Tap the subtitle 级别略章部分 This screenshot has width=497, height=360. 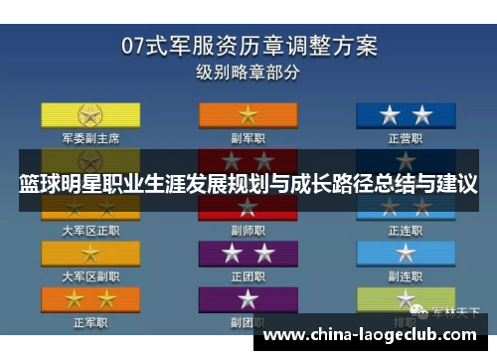click(248, 73)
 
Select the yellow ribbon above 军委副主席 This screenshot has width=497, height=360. click(90, 113)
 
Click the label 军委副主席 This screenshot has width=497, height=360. click(90, 138)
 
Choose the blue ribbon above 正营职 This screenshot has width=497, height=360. click(406, 113)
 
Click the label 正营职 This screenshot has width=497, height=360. click(406, 138)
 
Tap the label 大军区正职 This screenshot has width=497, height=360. click(90, 230)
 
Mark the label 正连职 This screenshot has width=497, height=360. click(406, 230)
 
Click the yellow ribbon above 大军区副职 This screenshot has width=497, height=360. click(90, 253)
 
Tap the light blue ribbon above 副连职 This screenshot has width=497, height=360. click(406, 253)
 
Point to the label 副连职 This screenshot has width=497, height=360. click(406, 275)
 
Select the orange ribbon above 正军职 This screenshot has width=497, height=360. click(90, 298)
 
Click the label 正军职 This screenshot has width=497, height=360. click(90, 322)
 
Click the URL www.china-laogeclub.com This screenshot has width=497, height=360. click(373, 334)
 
